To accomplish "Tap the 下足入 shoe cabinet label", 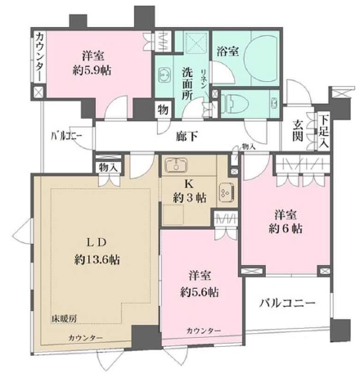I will pos(324,131).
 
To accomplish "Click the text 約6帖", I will pos(286,228).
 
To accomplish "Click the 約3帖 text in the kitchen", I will pos(189,196).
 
